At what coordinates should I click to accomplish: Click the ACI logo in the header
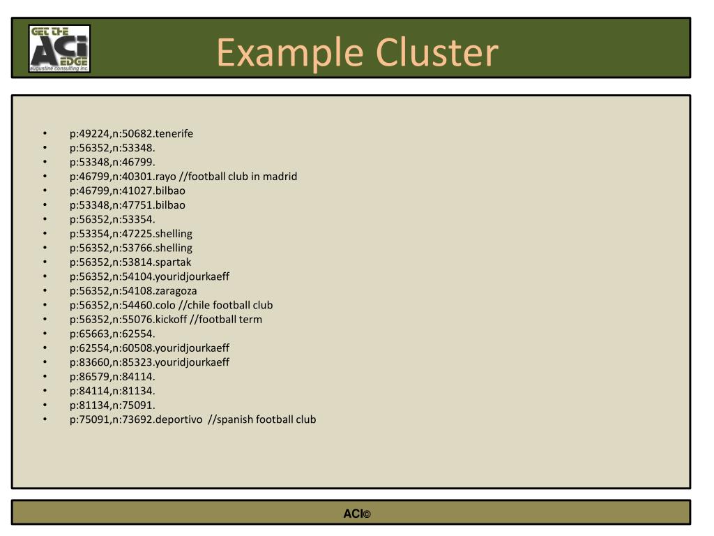tap(59, 49)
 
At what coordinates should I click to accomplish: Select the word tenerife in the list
tap(174, 133)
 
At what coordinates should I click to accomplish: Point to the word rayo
tap(166, 177)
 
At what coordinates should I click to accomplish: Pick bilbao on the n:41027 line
tap(170, 191)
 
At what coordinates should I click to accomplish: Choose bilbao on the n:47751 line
tap(170, 205)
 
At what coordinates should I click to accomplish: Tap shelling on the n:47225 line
tap(174, 234)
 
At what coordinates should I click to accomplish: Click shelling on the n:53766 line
tap(174, 248)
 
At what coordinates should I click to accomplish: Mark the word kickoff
tap(172, 320)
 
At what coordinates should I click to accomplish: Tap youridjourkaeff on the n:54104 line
tap(192, 276)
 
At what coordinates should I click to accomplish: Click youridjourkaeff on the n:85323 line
tap(192, 362)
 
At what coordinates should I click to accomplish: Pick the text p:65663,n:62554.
tap(112, 334)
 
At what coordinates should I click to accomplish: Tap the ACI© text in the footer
tap(356, 514)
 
